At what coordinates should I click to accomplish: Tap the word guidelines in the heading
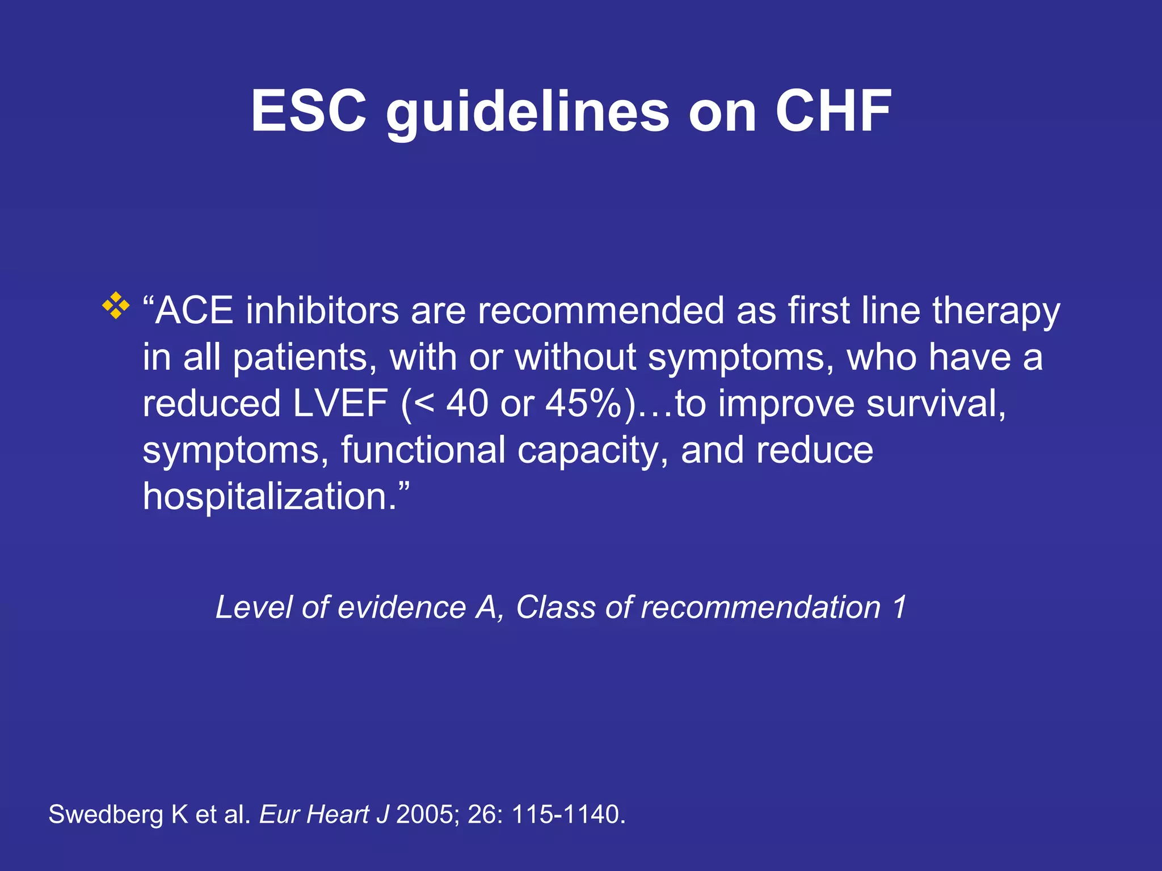coord(528,113)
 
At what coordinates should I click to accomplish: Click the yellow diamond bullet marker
coord(116,305)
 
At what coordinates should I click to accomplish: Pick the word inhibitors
coord(322,311)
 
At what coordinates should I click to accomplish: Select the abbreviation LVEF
coord(340,404)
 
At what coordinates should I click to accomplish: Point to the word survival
coord(936,404)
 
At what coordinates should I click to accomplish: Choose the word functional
coord(423,450)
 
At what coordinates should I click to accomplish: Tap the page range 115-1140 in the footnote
coord(568,815)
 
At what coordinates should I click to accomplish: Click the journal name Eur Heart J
coord(324,815)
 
